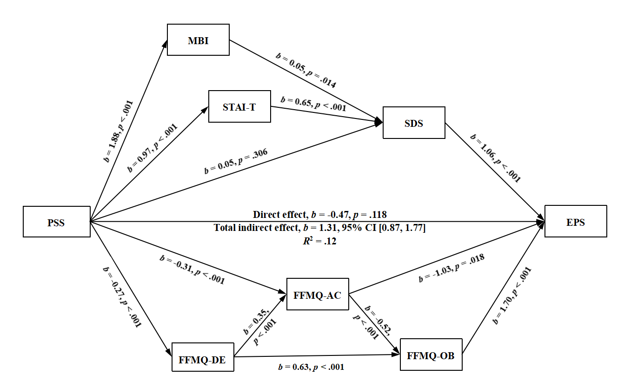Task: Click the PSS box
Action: (x=56, y=222)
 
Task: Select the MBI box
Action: (x=198, y=40)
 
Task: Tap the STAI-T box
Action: (x=239, y=106)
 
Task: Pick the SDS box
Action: (x=413, y=123)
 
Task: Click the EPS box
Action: (x=576, y=221)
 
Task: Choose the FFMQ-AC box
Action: (x=318, y=294)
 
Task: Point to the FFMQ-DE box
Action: (x=202, y=357)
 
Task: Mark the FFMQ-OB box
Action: (x=431, y=356)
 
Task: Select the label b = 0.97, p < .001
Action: (x=153, y=148)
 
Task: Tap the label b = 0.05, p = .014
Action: (x=306, y=70)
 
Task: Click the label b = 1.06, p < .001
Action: (x=495, y=158)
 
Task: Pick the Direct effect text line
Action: (x=320, y=215)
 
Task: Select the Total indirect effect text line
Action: (x=320, y=228)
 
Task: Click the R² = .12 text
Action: (x=320, y=241)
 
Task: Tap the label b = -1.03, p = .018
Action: (x=451, y=269)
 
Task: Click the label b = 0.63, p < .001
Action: (x=311, y=367)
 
